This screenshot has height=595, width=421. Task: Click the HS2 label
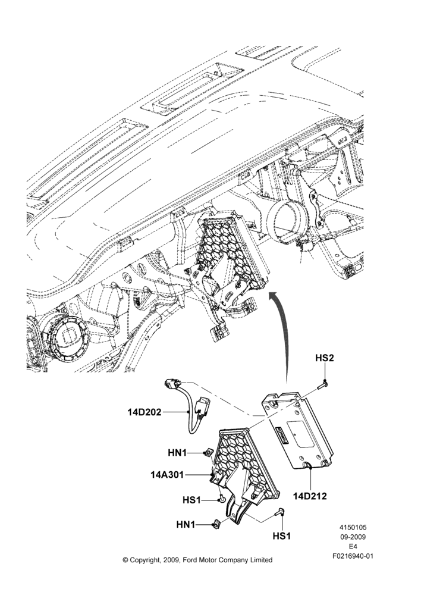coord(325,358)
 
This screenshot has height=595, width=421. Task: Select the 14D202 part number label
coord(144,412)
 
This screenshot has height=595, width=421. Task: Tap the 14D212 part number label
coord(310,496)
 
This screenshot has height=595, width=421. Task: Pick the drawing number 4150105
coord(353,527)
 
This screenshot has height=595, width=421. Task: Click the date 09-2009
coord(353,537)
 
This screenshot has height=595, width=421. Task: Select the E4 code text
coord(353,547)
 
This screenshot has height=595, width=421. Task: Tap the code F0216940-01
coord(353,556)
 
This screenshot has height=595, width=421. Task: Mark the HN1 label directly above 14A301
coord(177,453)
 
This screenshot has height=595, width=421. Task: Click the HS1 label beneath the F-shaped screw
coord(282,536)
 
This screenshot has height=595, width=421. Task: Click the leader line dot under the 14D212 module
coord(310,468)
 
